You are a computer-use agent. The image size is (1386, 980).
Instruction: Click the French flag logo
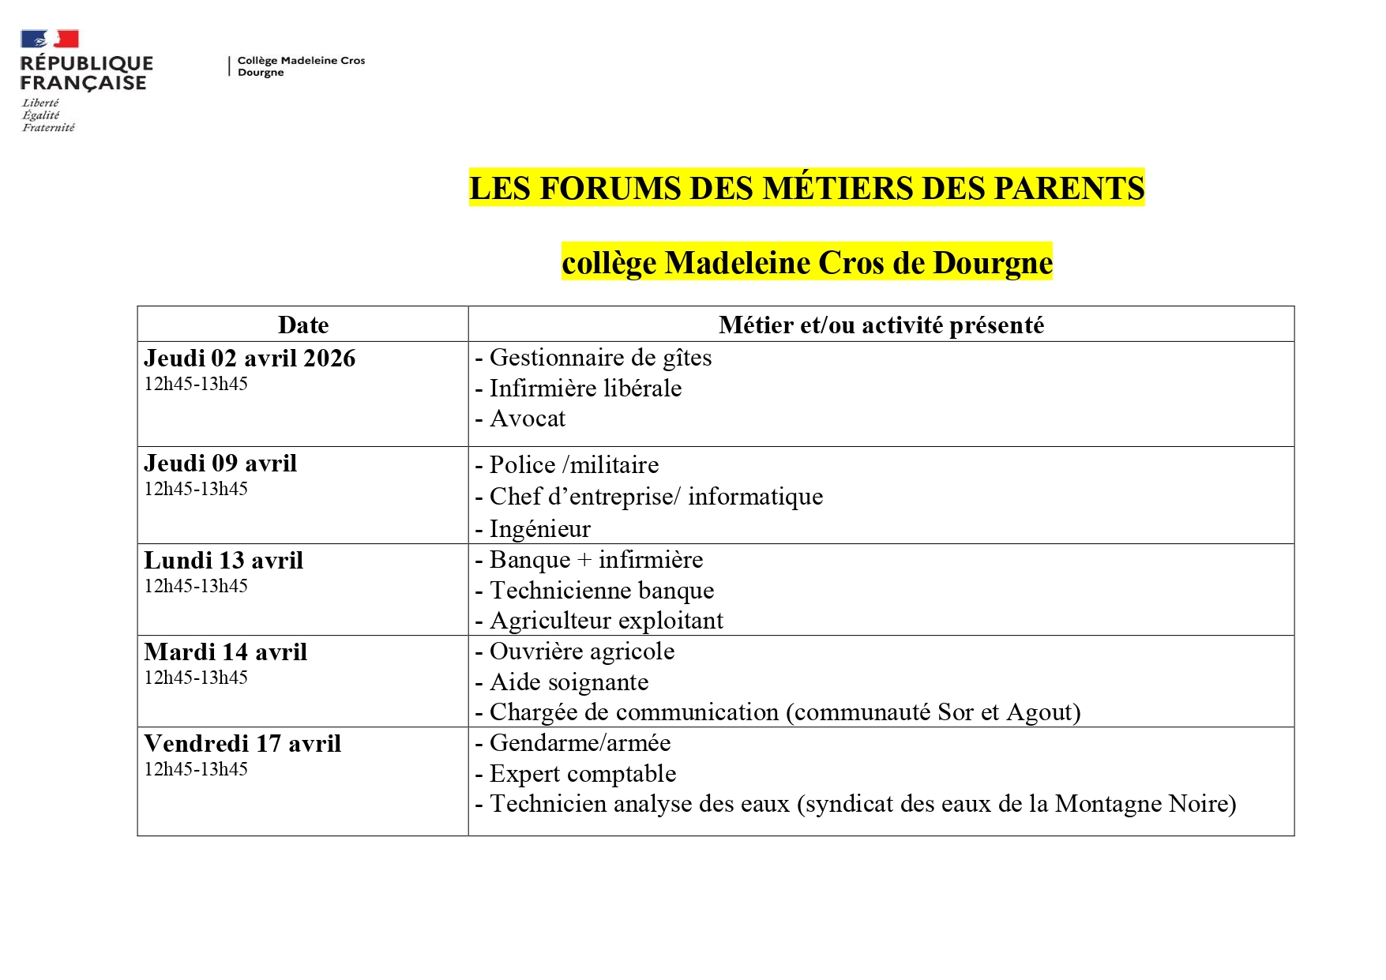(49, 39)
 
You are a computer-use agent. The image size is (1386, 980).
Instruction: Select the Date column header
(303, 325)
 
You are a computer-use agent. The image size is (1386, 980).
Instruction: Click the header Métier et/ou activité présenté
(881, 325)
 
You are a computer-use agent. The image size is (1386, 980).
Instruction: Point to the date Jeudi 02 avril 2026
(250, 359)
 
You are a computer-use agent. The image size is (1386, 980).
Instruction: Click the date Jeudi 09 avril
(220, 464)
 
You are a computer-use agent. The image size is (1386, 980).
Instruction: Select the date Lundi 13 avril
(223, 561)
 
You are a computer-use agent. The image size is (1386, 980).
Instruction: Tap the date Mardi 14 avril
(225, 652)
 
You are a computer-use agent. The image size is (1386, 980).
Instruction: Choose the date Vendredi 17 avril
(242, 744)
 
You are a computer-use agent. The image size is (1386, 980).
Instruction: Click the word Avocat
(528, 419)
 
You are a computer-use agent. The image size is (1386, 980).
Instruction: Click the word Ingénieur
(540, 529)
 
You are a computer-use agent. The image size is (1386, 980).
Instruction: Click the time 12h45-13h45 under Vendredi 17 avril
(196, 769)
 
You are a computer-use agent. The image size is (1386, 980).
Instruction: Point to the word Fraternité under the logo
(48, 128)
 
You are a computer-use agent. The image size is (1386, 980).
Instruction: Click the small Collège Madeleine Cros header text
(301, 61)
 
